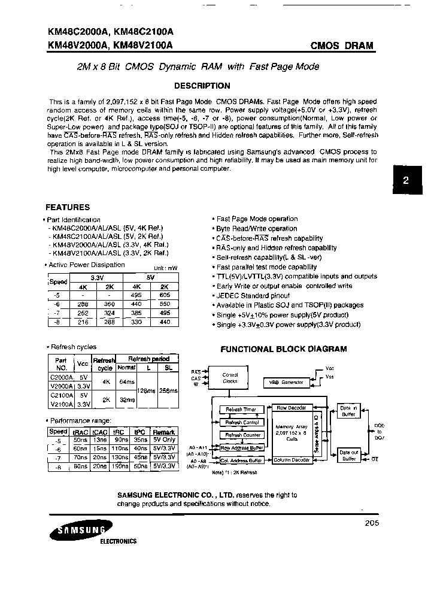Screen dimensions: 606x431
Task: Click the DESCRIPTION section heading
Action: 201,86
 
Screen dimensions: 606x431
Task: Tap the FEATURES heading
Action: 68,207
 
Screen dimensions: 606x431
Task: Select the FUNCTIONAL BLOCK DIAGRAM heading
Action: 284,349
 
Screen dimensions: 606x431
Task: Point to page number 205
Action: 371,523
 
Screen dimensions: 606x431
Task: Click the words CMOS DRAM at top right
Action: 342,46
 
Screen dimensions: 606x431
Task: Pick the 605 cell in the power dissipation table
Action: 165,296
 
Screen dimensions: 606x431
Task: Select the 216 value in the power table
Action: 83,322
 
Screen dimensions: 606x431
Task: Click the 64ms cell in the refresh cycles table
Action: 126,381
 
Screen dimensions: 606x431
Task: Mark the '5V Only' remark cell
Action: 164,440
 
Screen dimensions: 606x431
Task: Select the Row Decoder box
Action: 292,408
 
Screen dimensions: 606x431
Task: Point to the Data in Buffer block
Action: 348,410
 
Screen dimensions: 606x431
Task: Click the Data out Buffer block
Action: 348,455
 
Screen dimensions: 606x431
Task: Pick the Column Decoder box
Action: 292,460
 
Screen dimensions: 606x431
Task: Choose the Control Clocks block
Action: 230,378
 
